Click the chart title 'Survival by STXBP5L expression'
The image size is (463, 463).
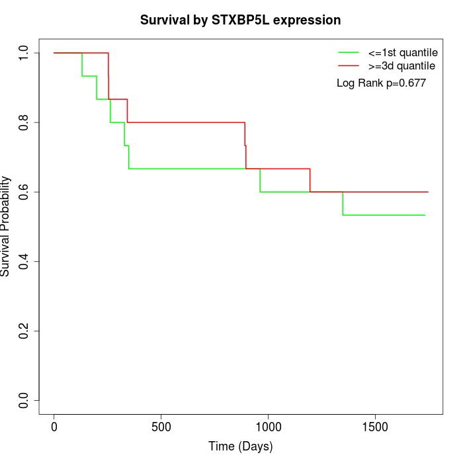tap(240, 21)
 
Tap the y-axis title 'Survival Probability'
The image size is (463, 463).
tap(6, 226)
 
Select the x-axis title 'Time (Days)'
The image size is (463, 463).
tap(240, 446)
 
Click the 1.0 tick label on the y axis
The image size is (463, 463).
tap(24, 53)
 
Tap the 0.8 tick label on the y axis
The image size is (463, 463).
tap(24, 122)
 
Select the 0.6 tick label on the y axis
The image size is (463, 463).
tap(24, 192)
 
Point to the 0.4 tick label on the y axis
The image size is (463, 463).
tap(24, 261)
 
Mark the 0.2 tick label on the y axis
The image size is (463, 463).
tap(24, 331)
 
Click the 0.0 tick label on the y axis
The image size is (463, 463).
tap(24, 400)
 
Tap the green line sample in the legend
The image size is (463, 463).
tap(349, 52)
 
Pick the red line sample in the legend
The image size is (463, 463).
tap(349, 65)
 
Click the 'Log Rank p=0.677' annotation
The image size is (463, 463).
tap(381, 83)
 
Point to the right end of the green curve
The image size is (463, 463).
tap(425, 215)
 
